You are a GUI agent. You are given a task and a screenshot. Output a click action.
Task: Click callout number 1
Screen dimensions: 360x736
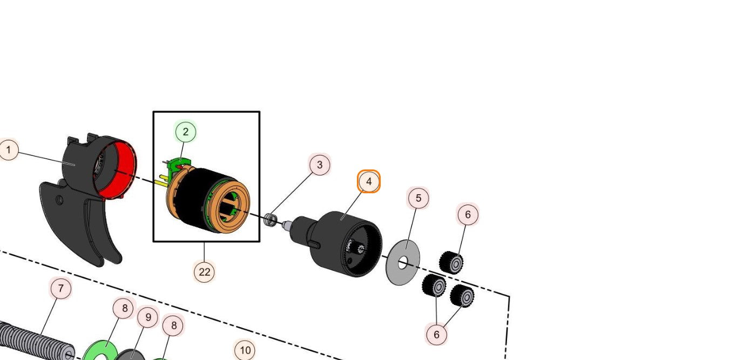tap(9, 150)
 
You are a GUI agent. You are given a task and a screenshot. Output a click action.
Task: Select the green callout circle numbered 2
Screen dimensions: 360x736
tap(186, 132)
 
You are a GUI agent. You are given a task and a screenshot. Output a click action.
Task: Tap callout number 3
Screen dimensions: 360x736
tap(320, 165)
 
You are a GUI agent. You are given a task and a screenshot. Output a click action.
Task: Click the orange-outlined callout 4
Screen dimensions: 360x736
tap(369, 182)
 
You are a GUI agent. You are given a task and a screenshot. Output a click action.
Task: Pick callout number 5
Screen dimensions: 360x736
tap(418, 199)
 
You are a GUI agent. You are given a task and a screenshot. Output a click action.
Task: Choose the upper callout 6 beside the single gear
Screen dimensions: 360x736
tap(468, 215)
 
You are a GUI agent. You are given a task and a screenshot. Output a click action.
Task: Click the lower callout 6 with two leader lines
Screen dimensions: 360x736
tap(436, 335)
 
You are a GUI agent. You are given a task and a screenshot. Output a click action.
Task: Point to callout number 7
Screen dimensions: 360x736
tap(60, 289)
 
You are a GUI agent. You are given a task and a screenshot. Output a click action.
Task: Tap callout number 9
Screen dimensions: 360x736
tap(148, 317)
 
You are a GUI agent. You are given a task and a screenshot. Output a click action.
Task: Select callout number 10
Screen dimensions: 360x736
tap(245, 350)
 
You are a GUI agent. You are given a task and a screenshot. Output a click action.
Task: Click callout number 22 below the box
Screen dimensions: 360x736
tap(204, 272)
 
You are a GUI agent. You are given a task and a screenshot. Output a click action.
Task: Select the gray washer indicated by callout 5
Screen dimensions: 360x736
tap(403, 263)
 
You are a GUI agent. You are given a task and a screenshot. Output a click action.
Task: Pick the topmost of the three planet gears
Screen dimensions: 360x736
tap(451, 263)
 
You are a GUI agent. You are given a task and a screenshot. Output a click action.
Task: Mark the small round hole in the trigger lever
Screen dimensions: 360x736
tap(59, 201)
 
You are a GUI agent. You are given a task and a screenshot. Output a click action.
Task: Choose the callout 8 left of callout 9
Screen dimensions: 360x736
tap(124, 308)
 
